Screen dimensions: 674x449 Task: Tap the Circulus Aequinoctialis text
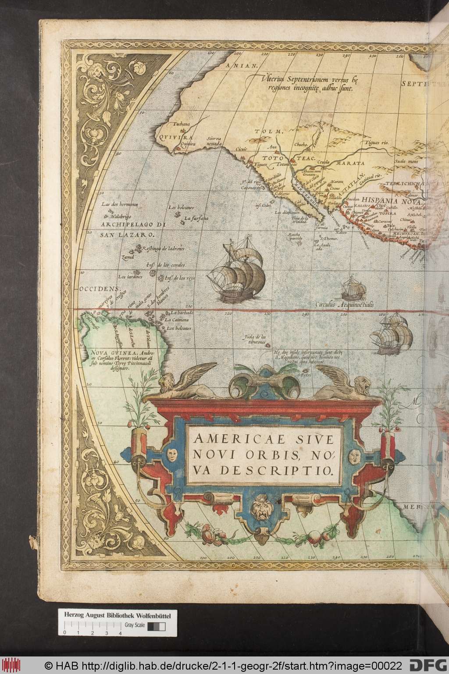(344, 304)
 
